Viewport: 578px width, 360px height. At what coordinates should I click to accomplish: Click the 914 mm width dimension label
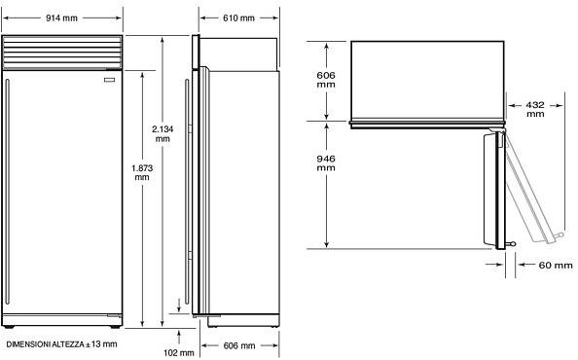pos(61,18)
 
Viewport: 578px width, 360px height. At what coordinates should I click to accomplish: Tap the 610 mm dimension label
pos(238,18)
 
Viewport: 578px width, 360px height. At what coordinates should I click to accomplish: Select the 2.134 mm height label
pos(163,133)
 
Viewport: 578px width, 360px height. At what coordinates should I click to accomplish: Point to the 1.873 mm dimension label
pos(142,172)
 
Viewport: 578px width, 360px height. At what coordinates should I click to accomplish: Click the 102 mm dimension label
pos(179,352)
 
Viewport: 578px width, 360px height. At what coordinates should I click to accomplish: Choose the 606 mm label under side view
pos(239,345)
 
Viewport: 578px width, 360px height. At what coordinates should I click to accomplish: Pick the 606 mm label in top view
pos(326,80)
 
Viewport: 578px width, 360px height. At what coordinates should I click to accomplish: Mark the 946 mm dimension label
pos(326,162)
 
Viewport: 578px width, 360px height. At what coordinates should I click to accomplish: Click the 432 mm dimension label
pos(535,109)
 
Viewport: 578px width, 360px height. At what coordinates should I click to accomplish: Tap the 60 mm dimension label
pos(556,266)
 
